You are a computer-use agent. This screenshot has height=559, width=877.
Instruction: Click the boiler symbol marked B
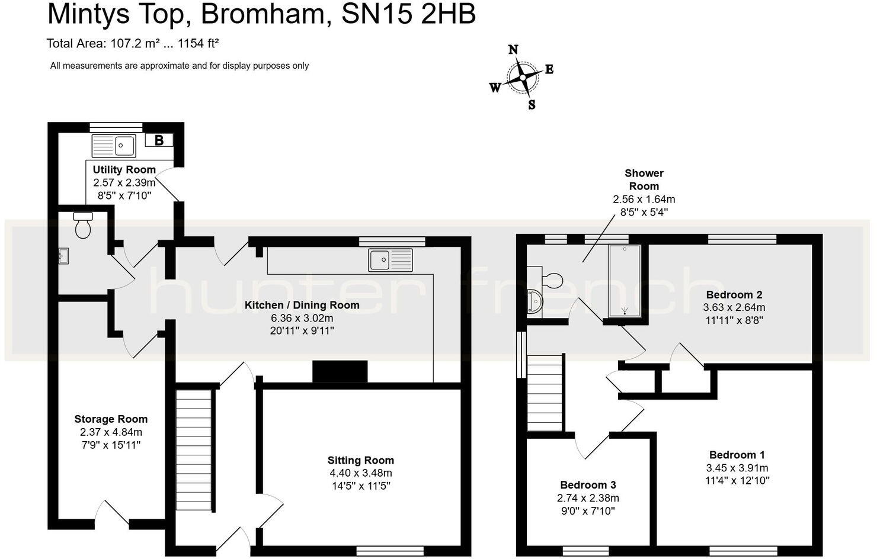[x=159, y=140]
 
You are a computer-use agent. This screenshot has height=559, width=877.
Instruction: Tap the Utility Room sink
[x=114, y=145]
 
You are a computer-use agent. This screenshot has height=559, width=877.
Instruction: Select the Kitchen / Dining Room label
[x=302, y=306]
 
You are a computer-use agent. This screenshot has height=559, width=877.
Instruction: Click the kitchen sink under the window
[x=391, y=259]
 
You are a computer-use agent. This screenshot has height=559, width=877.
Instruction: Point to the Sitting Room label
[x=361, y=460]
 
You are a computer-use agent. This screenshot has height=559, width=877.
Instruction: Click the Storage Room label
[x=111, y=419]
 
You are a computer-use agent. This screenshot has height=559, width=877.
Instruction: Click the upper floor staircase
[x=545, y=393]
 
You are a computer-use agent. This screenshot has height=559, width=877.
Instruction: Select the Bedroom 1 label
[x=737, y=455]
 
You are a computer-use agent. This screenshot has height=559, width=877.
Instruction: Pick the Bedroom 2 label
[x=734, y=294]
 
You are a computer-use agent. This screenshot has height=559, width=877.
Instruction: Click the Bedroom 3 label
[x=588, y=485]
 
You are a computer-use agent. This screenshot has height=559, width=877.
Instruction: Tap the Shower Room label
[x=644, y=179]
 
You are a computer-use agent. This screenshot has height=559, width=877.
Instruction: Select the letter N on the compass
[x=513, y=50]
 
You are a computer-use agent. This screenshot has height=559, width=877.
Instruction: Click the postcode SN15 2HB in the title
[x=409, y=14]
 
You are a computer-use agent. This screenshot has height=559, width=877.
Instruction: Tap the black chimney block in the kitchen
[x=340, y=372]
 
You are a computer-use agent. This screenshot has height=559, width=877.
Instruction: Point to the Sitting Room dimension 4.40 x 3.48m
[x=361, y=473]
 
